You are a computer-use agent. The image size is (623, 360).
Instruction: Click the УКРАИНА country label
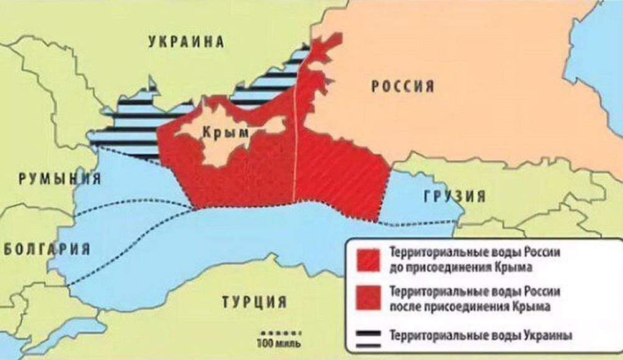186,42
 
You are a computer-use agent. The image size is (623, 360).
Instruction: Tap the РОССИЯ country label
403,87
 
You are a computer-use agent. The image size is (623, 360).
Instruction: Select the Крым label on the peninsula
222,132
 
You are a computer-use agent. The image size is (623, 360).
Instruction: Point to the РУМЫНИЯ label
60,179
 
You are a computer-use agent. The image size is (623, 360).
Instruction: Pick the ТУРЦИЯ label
254,303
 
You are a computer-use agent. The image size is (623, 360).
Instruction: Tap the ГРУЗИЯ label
454,197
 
